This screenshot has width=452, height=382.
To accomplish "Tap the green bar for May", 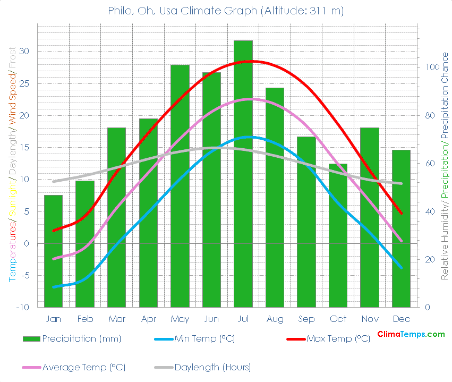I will point(180,186).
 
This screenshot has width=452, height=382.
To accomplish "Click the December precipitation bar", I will point(401,228).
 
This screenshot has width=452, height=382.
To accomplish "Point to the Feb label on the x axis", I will point(85,319).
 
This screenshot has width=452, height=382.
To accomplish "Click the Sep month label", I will point(306,319).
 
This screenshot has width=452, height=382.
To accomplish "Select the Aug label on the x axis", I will point(275,319).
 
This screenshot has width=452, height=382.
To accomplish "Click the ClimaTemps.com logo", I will point(411,334).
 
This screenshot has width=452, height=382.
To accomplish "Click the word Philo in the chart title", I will point(121,11).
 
